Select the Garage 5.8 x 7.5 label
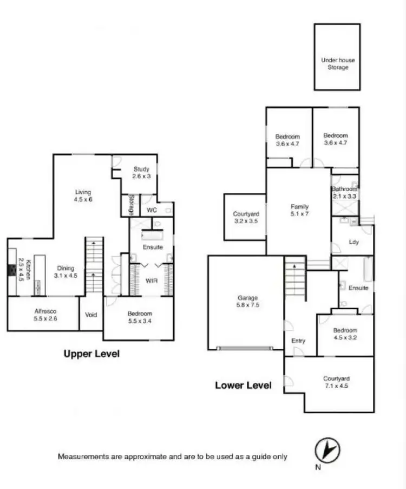tap(246, 302)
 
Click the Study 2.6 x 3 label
tap(141, 173)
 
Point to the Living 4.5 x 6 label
tap(83, 195)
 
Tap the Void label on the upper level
tap(91, 314)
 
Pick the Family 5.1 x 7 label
tap(299, 211)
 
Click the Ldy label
tap(355, 242)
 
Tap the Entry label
tap(298, 341)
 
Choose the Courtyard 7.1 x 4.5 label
tap(336, 382)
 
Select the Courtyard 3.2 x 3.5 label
tap(246, 218)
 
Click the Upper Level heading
tap(91, 354)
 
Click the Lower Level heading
tap(243, 386)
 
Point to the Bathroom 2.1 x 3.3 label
tap(344, 192)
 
